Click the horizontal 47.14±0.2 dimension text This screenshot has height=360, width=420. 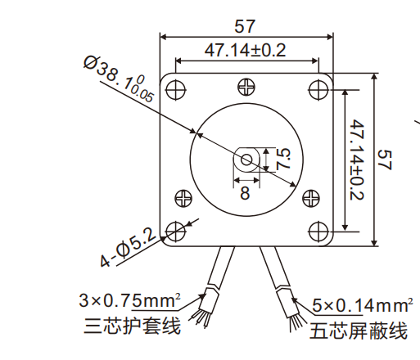(245, 51)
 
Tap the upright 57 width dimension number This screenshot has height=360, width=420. (246, 25)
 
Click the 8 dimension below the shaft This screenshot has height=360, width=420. (245, 193)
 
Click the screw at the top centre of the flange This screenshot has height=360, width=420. (246, 87)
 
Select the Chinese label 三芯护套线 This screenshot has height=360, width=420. (131, 326)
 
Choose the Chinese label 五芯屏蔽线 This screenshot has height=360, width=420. (359, 331)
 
